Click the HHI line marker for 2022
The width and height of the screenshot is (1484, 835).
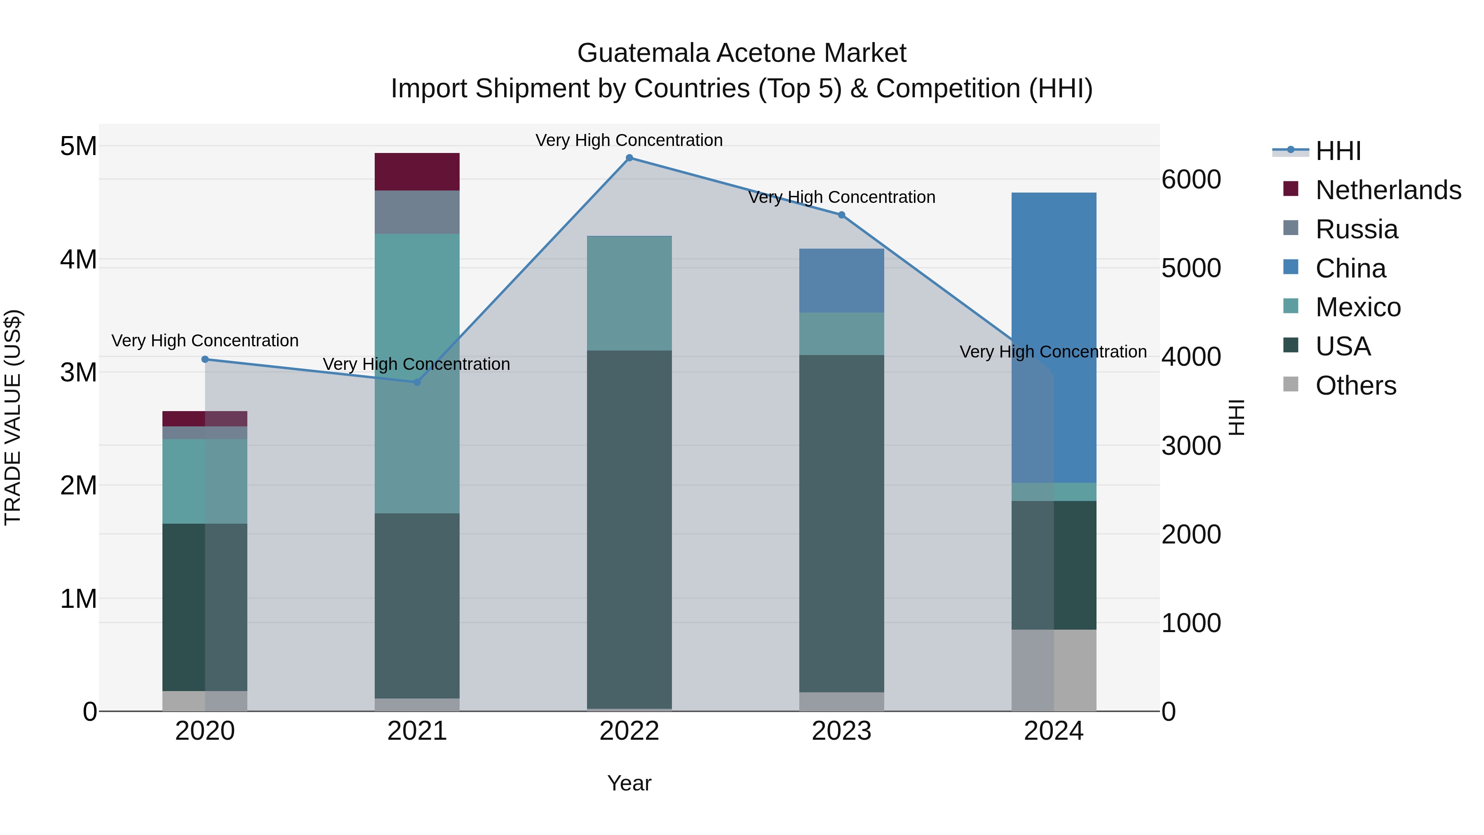(x=629, y=158)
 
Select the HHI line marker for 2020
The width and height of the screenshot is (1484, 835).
(x=205, y=360)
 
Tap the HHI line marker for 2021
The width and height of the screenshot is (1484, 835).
(x=417, y=382)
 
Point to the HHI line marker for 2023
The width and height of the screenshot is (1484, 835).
(x=842, y=215)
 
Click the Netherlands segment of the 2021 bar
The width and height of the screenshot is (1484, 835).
(x=417, y=172)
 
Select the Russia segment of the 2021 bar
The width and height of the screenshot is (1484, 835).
(x=417, y=212)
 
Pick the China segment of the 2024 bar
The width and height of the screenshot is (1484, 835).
(x=1054, y=338)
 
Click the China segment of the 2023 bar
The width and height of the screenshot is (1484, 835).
(x=842, y=281)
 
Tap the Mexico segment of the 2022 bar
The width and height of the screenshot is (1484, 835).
(x=629, y=293)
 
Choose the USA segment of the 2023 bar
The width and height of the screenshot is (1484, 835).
(x=842, y=523)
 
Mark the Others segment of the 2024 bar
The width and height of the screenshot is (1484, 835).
(x=1054, y=670)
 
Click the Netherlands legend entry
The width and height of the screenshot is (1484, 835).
(x=1388, y=190)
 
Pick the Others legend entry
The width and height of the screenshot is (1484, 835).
(x=1355, y=386)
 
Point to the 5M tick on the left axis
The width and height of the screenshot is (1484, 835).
(x=78, y=146)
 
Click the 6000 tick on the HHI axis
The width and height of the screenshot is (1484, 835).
(x=1191, y=180)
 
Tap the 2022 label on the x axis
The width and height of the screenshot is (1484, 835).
(x=629, y=731)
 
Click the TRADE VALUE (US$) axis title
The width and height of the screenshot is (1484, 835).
(x=13, y=417)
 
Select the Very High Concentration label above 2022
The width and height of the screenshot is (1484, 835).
(x=629, y=140)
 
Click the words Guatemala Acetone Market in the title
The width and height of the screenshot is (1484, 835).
(x=742, y=53)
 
